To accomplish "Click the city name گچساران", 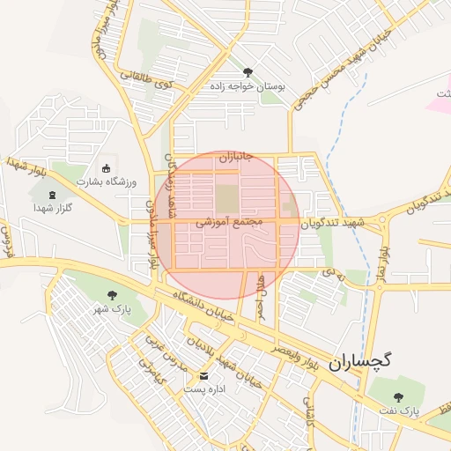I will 360,362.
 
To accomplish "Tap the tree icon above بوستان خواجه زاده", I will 247,72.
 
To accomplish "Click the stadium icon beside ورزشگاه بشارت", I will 107,168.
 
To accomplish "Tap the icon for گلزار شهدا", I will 47,193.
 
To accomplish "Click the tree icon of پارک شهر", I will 111,296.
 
